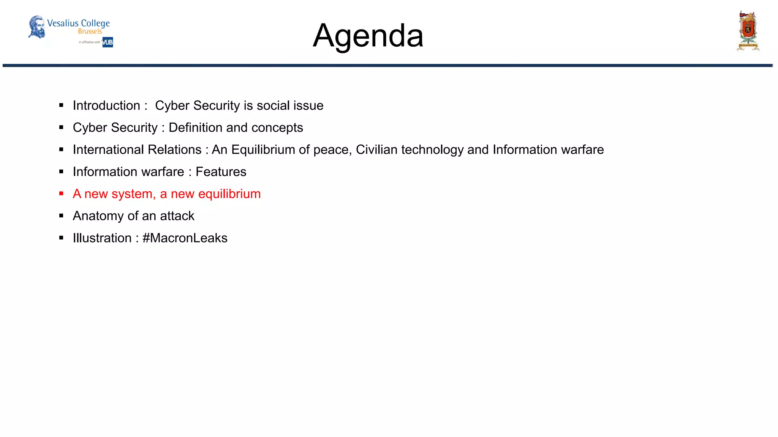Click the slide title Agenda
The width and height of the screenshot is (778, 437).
[368, 36]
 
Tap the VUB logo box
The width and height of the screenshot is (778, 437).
[108, 42]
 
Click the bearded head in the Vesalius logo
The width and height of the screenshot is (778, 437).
[37, 27]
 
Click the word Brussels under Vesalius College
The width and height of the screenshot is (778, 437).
[90, 31]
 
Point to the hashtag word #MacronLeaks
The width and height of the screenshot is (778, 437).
[185, 238]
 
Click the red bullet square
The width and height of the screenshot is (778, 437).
[61, 194]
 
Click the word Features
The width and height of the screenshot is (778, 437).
[221, 172]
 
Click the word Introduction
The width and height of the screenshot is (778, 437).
[106, 105]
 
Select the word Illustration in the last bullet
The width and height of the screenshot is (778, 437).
[102, 238]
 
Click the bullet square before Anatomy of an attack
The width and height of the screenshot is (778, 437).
[61, 216]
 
